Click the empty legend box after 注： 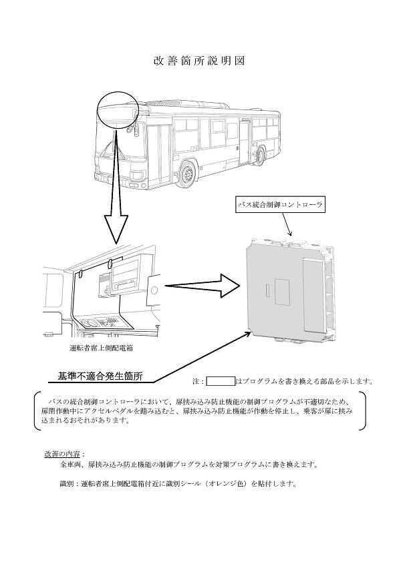click(221, 382)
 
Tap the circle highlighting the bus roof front click(118, 109)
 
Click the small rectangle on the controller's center click(268, 290)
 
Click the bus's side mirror click(132, 128)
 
